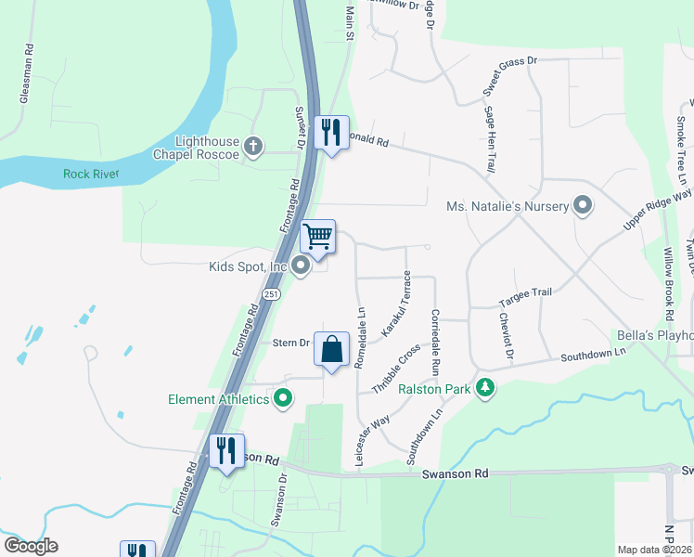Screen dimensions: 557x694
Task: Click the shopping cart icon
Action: (x=317, y=237)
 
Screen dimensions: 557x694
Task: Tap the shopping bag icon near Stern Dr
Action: (x=331, y=349)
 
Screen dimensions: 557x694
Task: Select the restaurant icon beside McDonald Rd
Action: (x=330, y=132)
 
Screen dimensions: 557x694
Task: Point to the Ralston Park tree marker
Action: (x=482, y=387)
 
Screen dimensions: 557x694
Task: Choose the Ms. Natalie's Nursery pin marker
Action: (x=583, y=204)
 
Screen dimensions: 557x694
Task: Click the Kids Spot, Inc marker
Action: (x=300, y=266)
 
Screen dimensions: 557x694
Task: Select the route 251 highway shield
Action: (x=270, y=293)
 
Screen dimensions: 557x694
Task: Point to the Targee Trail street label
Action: (x=525, y=292)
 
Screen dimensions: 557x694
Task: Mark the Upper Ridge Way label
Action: (x=657, y=209)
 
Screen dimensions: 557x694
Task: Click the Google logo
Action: (x=31, y=546)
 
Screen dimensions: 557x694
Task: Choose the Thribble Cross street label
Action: (x=395, y=370)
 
